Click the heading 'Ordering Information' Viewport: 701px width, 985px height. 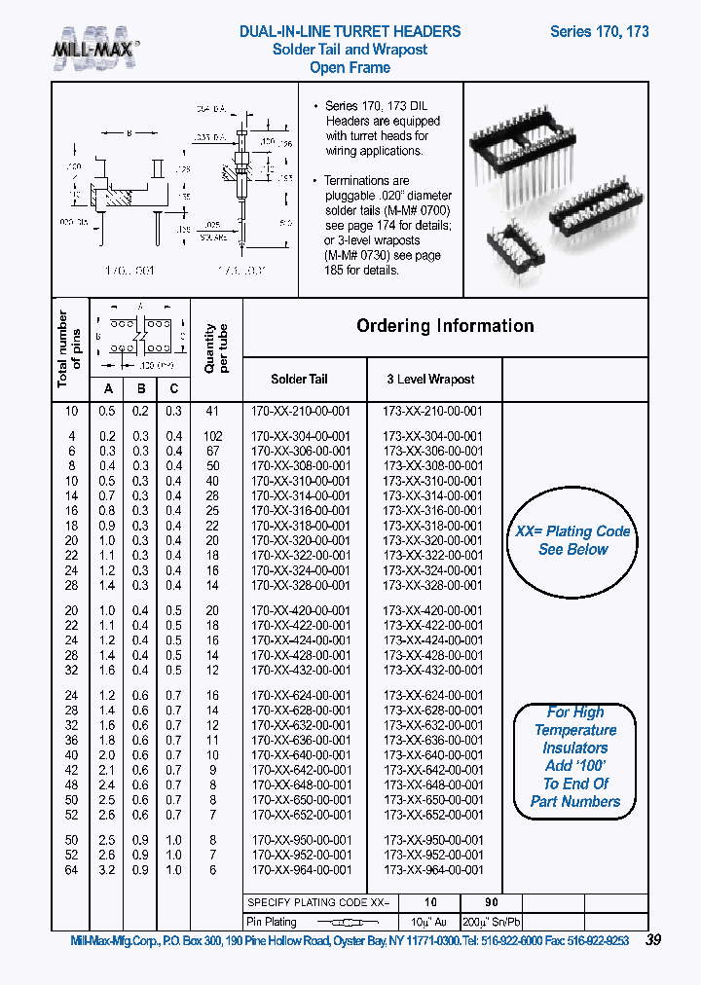(445, 326)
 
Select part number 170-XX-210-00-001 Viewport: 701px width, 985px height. (301, 411)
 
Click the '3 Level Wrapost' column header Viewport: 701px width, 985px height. (430, 379)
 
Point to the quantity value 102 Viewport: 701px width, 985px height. (212, 437)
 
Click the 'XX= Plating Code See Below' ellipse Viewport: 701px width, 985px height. (572, 541)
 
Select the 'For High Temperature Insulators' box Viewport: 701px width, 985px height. (575, 757)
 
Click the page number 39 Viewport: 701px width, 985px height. (653, 940)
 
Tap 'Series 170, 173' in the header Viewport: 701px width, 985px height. (599, 31)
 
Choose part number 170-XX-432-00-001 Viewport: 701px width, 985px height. (301, 670)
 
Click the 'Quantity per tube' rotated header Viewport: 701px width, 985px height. (215, 348)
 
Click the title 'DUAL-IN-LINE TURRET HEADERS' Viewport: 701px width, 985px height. (350, 31)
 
